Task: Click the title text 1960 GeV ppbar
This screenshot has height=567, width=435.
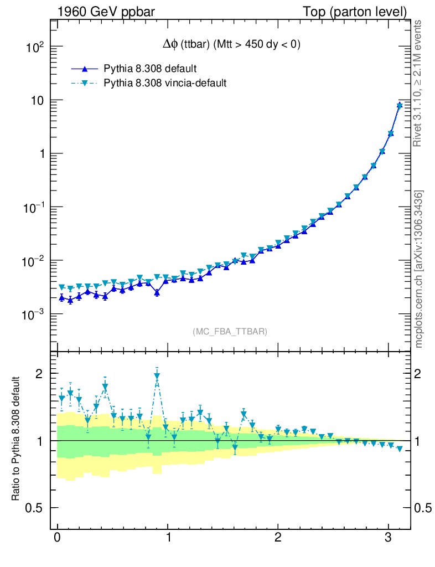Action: click(110, 11)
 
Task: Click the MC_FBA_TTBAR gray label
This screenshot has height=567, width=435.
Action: click(230, 332)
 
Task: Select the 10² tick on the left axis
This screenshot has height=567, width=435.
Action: click(34, 48)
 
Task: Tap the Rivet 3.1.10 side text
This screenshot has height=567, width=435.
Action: click(418, 84)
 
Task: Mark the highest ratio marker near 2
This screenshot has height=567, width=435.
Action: click(157, 377)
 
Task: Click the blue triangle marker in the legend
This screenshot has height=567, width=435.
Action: click(85, 69)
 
